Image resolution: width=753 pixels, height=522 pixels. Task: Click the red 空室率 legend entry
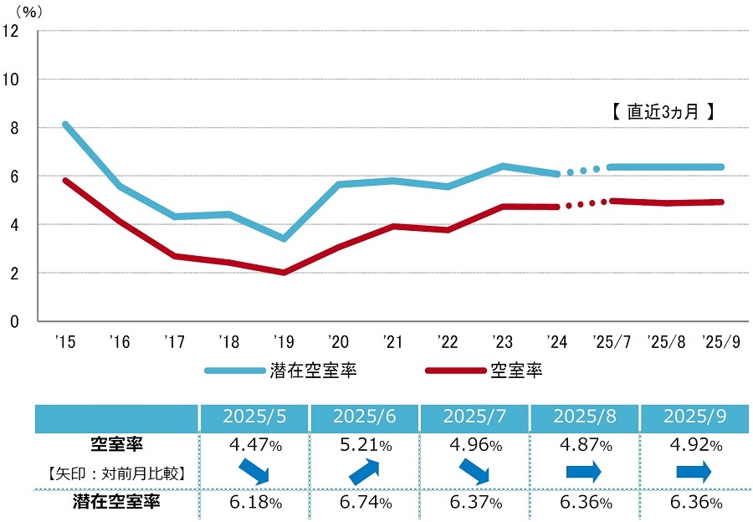(485, 370)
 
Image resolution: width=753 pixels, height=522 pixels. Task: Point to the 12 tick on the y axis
(11, 31)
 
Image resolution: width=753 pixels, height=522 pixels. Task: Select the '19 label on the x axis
(284, 341)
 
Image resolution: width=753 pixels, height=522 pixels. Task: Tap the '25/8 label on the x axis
(668, 341)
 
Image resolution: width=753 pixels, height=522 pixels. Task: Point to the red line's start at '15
(65, 180)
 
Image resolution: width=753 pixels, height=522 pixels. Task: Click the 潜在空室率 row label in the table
(117, 503)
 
